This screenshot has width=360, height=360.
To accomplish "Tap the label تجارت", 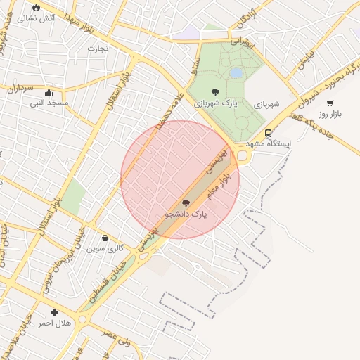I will pyautogui.click(x=96, y=49).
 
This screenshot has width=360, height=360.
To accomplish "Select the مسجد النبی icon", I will pyautogui.click(x=49, y=92).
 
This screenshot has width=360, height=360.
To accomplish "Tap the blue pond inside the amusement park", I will pyautogui.click(x=237, y=72).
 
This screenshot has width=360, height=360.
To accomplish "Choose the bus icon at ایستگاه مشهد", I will pyautogui.click(x=268, y=133).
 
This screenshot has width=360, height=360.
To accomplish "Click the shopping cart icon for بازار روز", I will pyautogui.click(x=330, y=103).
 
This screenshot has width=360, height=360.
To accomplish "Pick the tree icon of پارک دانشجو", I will pyautogui.click(x=186, y=202).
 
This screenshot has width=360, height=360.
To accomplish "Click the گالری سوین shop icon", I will pyautogui.click(x=105, y=238).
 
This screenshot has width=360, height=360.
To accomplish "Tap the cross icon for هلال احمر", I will pyautogui.click(x=54, y=311).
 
